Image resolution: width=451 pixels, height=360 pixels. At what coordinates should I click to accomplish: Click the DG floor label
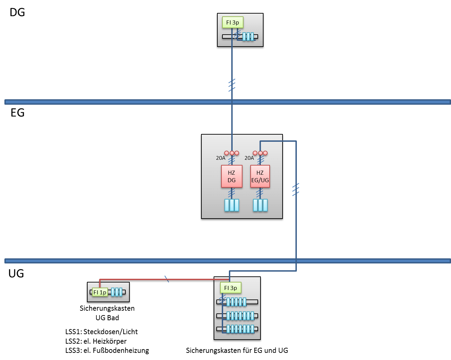(x=17, y=12)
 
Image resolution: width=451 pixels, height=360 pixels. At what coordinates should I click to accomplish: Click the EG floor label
(x=17, y=113)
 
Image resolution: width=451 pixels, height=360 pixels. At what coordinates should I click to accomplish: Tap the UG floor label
(x=16, y=274)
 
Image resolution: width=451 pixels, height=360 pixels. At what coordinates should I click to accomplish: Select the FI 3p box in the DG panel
(x=233, y=22)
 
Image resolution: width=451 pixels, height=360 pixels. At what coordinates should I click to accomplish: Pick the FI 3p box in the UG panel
(x=231, y=288)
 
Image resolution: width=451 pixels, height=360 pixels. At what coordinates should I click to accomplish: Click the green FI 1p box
(x=100, y=292)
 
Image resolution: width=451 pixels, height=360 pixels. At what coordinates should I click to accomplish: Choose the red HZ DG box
(x=232, y=176)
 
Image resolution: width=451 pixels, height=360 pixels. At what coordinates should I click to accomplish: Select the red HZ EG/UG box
(x=260, y=176)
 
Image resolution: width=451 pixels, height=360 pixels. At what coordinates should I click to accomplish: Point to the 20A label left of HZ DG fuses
(x=220, y=158)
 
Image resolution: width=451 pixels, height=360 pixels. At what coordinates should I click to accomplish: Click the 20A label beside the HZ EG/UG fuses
(x=249, y=158)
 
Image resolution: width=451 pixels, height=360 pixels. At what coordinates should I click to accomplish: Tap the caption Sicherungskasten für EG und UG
(x=237, y=350)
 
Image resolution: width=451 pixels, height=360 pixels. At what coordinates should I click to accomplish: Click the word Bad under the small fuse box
(x=113, y=318)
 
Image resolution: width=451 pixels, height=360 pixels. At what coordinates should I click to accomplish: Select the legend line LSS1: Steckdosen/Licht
(x=102, y=332)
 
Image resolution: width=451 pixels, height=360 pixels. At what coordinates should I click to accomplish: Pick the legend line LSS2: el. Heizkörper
(x=96, y=341)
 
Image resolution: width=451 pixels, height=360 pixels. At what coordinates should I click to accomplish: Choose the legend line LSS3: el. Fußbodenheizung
(x=107, y=350)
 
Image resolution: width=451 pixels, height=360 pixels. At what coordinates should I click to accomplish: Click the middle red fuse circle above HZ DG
(x=232, y=153)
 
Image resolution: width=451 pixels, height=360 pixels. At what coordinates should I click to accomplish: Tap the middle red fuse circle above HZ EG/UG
(x=260, y=153)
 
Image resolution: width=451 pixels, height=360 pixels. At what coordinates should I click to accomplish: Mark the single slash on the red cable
(x=167, y=279)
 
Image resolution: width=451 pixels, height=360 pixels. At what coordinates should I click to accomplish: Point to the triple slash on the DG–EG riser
(x=232, y=85)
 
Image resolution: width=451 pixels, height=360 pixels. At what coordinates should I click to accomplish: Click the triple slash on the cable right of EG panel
(x=296, y=190)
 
